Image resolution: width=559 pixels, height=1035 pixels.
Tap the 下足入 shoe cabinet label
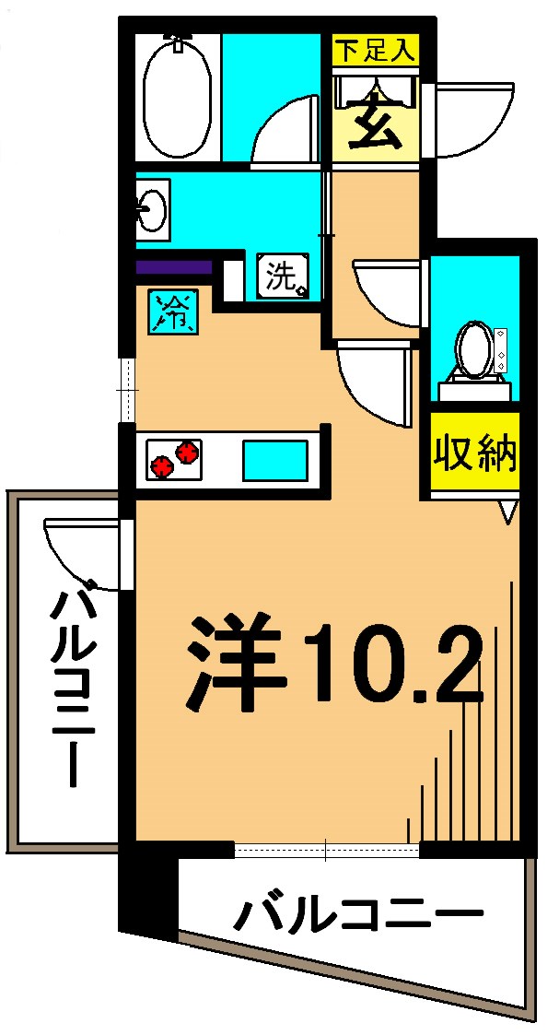(x=375, y=50)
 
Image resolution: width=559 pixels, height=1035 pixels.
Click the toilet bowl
(x=474, y=349)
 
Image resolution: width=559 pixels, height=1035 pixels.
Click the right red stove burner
(x=188, y=452)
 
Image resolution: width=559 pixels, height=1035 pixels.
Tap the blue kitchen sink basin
(x=274, y=460)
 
